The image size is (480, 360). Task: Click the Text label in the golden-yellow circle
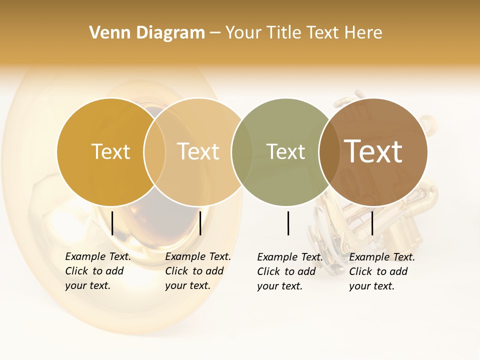coord(110,151)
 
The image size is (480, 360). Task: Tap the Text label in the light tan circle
coord(198,151)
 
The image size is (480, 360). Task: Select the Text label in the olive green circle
coord(285,151)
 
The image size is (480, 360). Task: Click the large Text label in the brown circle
coord(373,151)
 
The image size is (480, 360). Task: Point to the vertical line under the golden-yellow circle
coord(112,223)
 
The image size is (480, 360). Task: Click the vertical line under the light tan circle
coord(200,223)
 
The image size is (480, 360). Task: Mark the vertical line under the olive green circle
coord(288,223)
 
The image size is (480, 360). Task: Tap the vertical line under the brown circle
coord(372,223)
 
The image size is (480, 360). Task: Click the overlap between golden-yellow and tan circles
coord(154,152)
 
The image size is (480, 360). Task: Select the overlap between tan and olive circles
coord(242,152)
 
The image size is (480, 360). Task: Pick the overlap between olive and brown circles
coord(329,152)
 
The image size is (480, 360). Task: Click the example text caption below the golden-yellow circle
coord(97,271)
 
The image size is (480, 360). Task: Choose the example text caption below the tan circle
coord(197,271)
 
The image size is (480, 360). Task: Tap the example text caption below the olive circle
coord(289,271)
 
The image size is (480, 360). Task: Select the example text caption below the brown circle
coord(381,271)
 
